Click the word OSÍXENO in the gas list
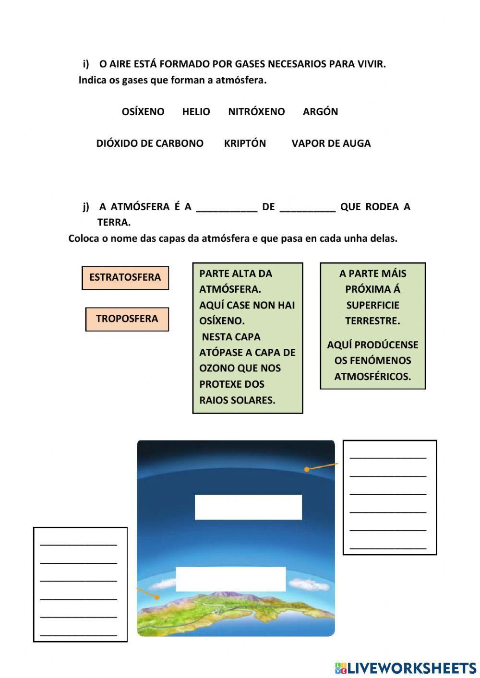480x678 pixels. [143, 112]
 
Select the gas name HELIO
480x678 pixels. [196, 112]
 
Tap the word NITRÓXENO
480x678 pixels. [256, 112]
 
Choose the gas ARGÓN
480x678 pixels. [320, 112]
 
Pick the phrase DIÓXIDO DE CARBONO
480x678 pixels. [150, 143]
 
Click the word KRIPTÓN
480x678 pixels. [245, 143]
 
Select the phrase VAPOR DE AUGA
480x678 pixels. [331, 143]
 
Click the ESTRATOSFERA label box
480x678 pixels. [125, 278]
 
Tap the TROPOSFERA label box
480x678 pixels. [127, 319]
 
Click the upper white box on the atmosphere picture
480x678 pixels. [248, 507]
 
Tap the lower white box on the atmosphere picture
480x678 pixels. [230, 579]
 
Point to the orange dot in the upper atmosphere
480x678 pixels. [307, 469]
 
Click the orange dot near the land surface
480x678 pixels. [157, 597]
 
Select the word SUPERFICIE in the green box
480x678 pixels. [372, 305]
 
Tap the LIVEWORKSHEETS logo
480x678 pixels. [406, 668]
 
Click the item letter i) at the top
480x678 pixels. [86, 64]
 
